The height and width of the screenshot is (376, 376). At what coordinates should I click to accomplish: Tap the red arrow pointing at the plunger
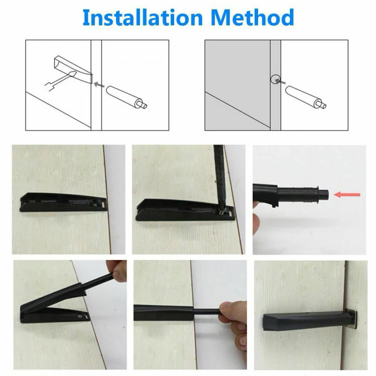coord(347,194)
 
